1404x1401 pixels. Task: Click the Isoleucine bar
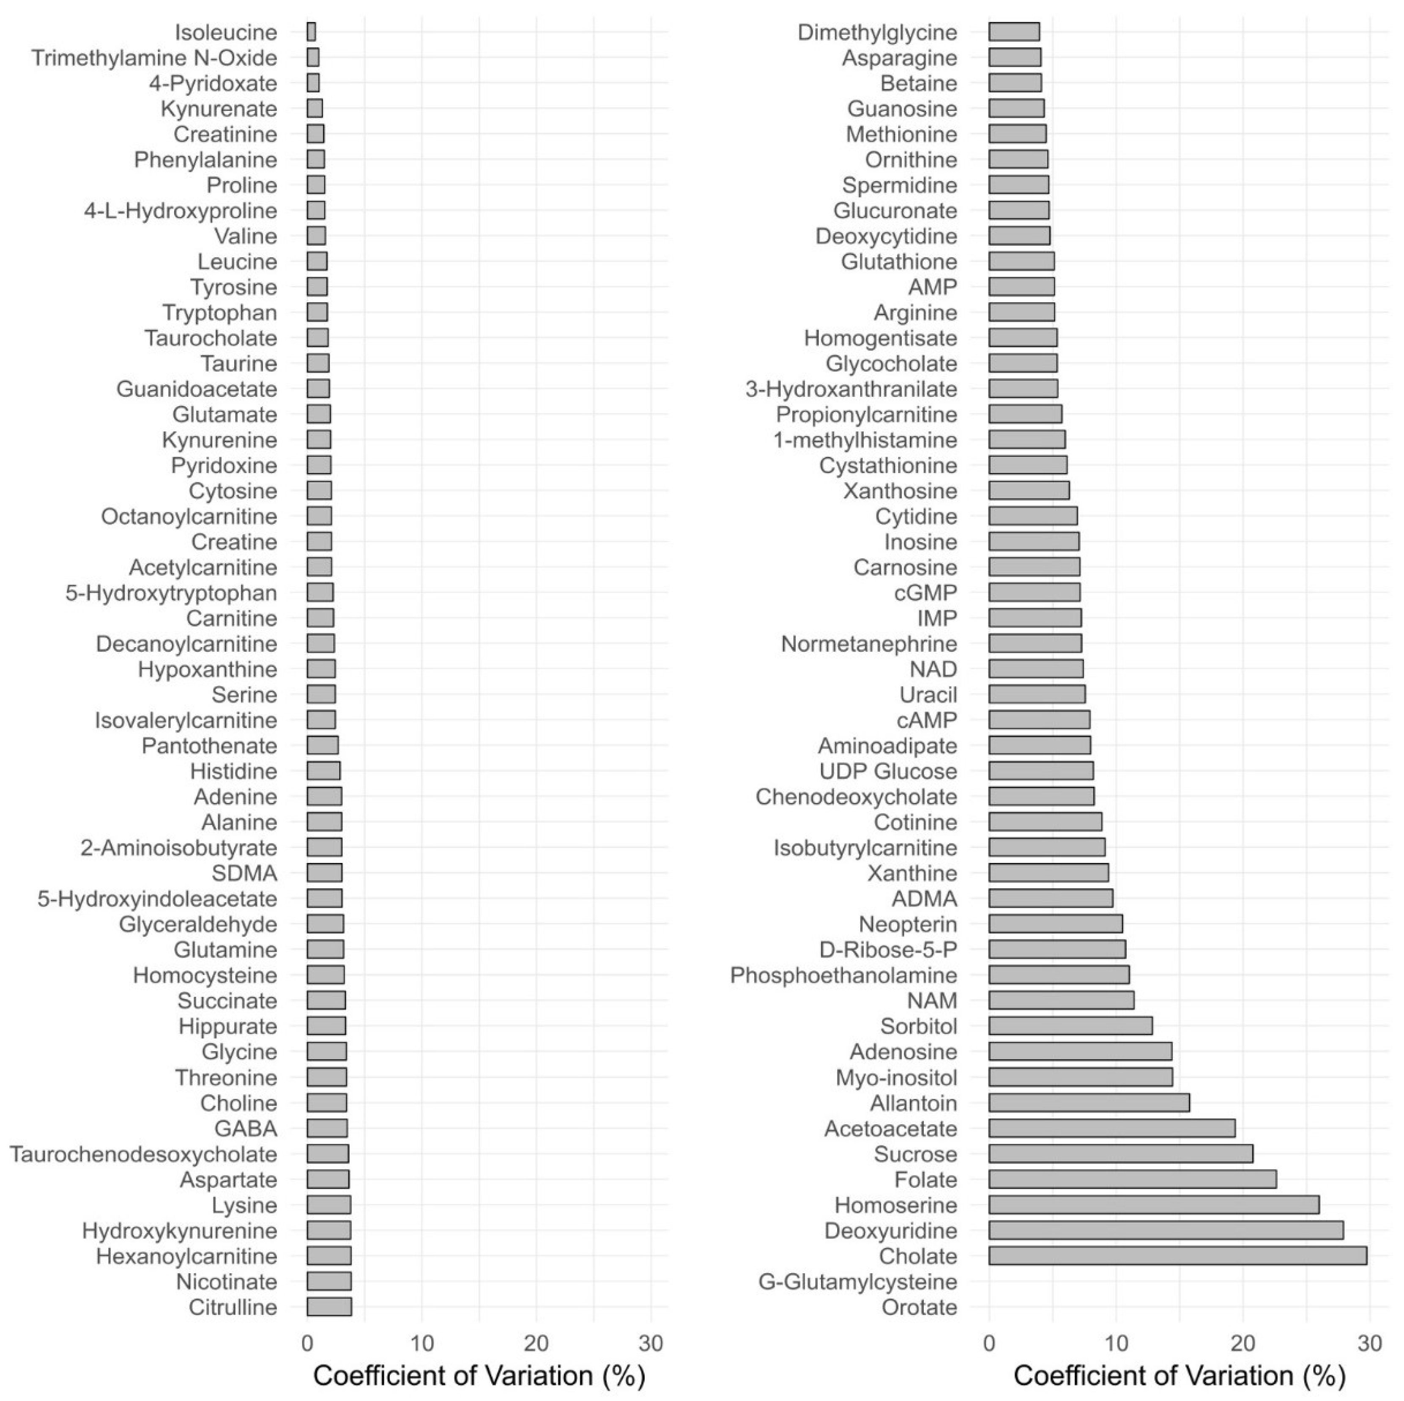point(311,32)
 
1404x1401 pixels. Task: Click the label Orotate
point(919,1307)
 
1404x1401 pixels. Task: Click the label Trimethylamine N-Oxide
point(154,58)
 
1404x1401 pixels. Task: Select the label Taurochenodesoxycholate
point(143,1154)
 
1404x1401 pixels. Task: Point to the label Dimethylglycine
point(877,33)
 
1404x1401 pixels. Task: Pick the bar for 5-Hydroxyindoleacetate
point(324,898)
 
